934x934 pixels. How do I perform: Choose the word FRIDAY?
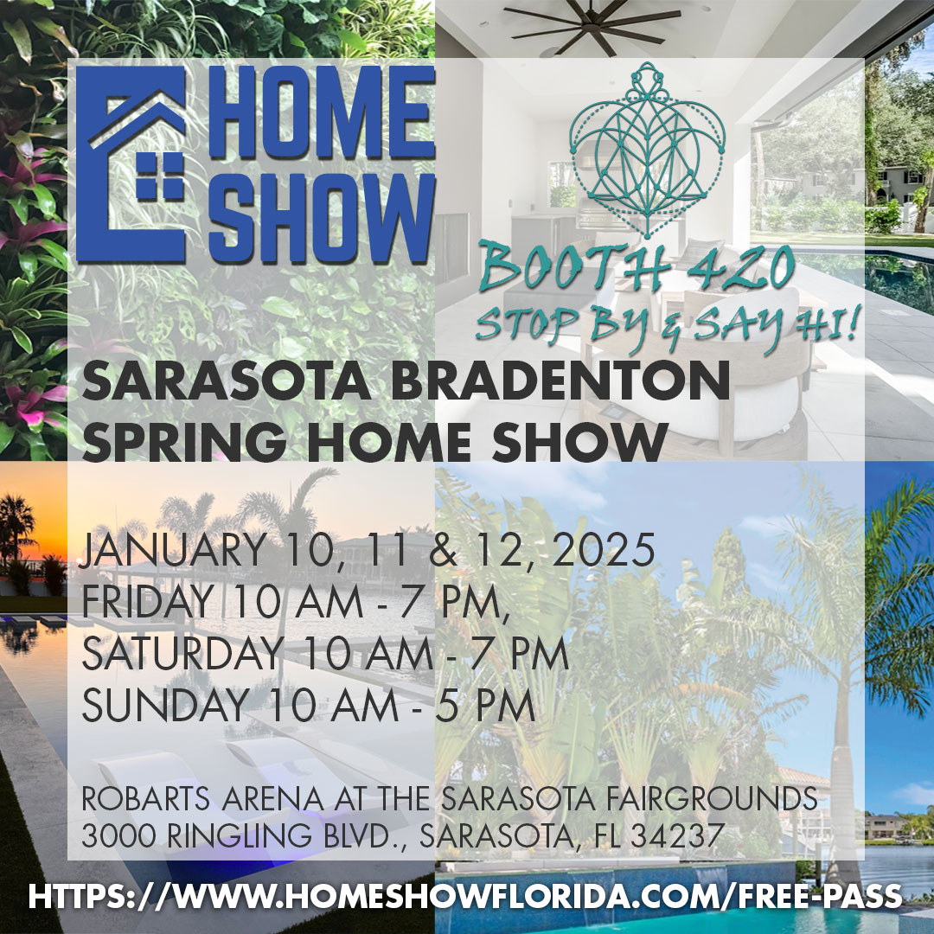pos(147,603)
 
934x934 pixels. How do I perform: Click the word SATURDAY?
pos(182,655)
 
